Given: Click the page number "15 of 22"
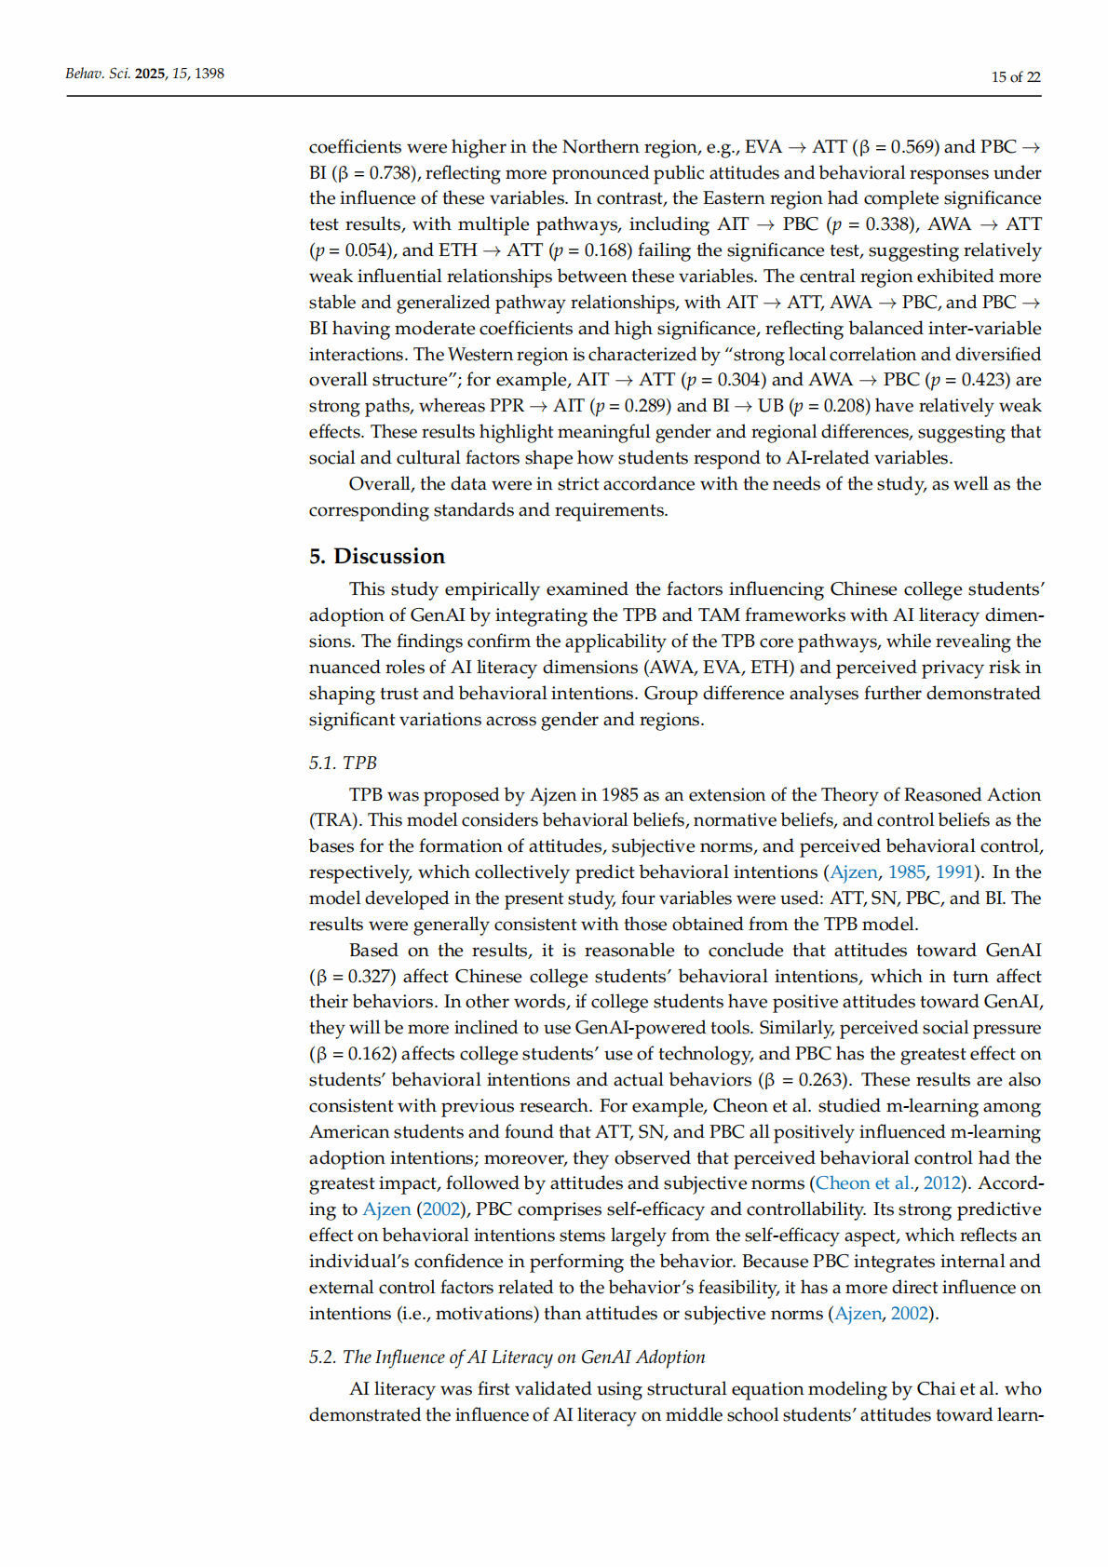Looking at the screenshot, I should coord(1015,77).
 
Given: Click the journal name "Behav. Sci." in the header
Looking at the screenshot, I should coord(98,74).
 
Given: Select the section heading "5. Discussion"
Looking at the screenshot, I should coord(377,556).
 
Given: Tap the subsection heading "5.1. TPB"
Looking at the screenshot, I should coord(343,763).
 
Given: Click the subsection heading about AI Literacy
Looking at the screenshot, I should coord(507,1357).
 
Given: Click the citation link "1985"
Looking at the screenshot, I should coord(906,872).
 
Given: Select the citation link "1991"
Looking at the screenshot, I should coord(954,872).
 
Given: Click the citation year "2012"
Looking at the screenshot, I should coord(942,1183).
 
